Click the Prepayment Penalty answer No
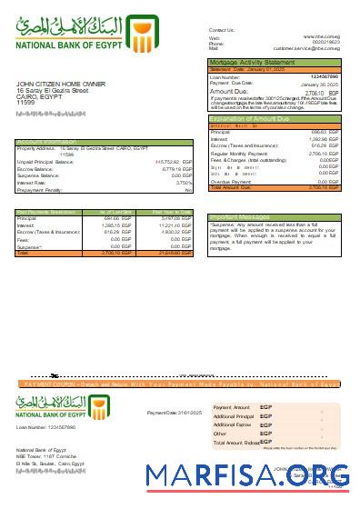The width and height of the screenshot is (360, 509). tap(188, 190)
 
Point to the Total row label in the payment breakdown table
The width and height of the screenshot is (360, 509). tap(23, 253)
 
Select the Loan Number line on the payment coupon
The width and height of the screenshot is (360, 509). tap(46, 426)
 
